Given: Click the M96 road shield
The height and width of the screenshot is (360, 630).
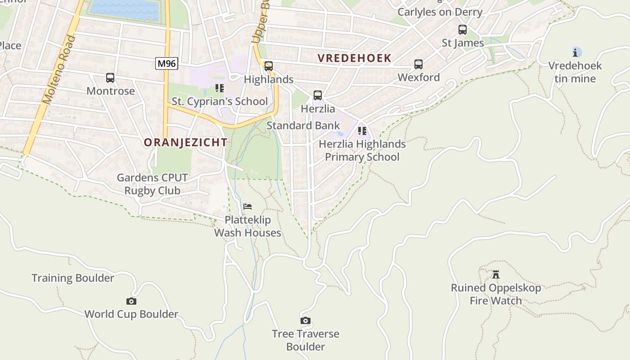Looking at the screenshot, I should coord(166,63).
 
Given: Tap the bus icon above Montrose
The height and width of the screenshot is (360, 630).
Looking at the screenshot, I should coord(110,78).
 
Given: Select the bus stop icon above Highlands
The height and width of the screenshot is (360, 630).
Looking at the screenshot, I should coord(269,66).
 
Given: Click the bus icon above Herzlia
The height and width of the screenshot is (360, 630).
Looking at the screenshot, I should coord(318,95).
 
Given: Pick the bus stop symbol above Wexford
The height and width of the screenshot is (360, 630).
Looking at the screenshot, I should coord(418,64).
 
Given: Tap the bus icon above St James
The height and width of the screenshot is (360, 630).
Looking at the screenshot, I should coord(462,30).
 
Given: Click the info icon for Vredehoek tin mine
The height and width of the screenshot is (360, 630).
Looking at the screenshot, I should coord(576,52).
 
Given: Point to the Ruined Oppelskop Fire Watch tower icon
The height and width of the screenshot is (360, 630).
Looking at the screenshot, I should coord(496,274).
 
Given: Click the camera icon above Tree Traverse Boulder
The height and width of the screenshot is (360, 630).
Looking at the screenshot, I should coord(306,320).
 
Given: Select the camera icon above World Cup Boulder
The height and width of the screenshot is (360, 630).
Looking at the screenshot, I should coord(131,301).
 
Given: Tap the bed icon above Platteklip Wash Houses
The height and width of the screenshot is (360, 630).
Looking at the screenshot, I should coord(247,207).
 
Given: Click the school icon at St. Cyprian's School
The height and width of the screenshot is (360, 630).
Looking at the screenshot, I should coord(220,88).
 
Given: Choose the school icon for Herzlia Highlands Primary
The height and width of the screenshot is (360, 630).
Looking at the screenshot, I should coord(362,131).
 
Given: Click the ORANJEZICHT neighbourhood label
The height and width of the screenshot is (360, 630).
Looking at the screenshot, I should coord(185,143).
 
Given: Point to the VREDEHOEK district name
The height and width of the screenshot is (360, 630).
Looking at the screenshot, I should coord(355,58).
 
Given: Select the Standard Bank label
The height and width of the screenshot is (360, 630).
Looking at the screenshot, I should coord(303,126).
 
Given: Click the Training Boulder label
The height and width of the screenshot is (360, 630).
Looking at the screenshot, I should coord(73,278).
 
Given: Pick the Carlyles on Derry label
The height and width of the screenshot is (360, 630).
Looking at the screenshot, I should coord(440,12).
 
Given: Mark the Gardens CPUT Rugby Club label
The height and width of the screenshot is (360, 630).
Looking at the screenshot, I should coord(152,184).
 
